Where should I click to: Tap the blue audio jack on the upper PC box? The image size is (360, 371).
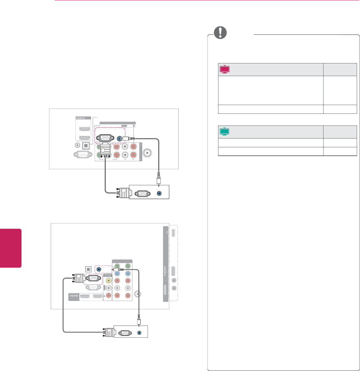[x=159, y=193]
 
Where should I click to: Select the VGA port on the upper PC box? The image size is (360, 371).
[x=141, y=193]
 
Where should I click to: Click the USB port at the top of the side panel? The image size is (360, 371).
[x=173, y=233]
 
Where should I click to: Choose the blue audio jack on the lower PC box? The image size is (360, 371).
[x=140, y=333]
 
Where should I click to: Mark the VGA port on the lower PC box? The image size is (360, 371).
[x=125, y=333]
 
